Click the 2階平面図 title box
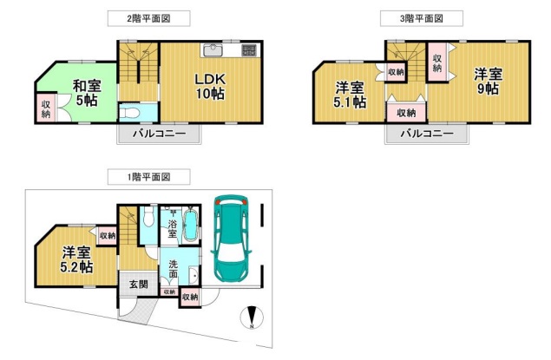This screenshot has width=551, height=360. (148, 18)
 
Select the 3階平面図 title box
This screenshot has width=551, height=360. (422, 18)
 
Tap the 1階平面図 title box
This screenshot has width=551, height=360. (148, 177)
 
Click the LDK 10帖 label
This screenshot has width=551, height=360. (210, 87)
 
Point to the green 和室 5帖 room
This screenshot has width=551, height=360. (81, 91)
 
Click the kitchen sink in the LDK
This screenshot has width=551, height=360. (212, 50)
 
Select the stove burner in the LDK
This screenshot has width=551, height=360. (249, 50)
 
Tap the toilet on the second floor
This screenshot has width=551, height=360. (129, 113)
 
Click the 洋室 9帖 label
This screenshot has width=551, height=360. (488, 82)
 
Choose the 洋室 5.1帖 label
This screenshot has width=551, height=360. (350, 95)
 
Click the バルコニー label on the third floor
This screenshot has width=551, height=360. (427, 134)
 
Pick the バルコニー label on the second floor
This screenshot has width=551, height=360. (159, 134)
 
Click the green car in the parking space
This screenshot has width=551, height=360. (231, 241)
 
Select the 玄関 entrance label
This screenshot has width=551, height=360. (139, 285)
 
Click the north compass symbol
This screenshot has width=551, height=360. (252, 317)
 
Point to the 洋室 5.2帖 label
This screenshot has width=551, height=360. (76, 260)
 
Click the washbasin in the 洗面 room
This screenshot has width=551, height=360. (194, 277)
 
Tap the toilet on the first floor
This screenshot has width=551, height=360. (149, 217)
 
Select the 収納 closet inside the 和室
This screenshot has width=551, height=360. (46, 108)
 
